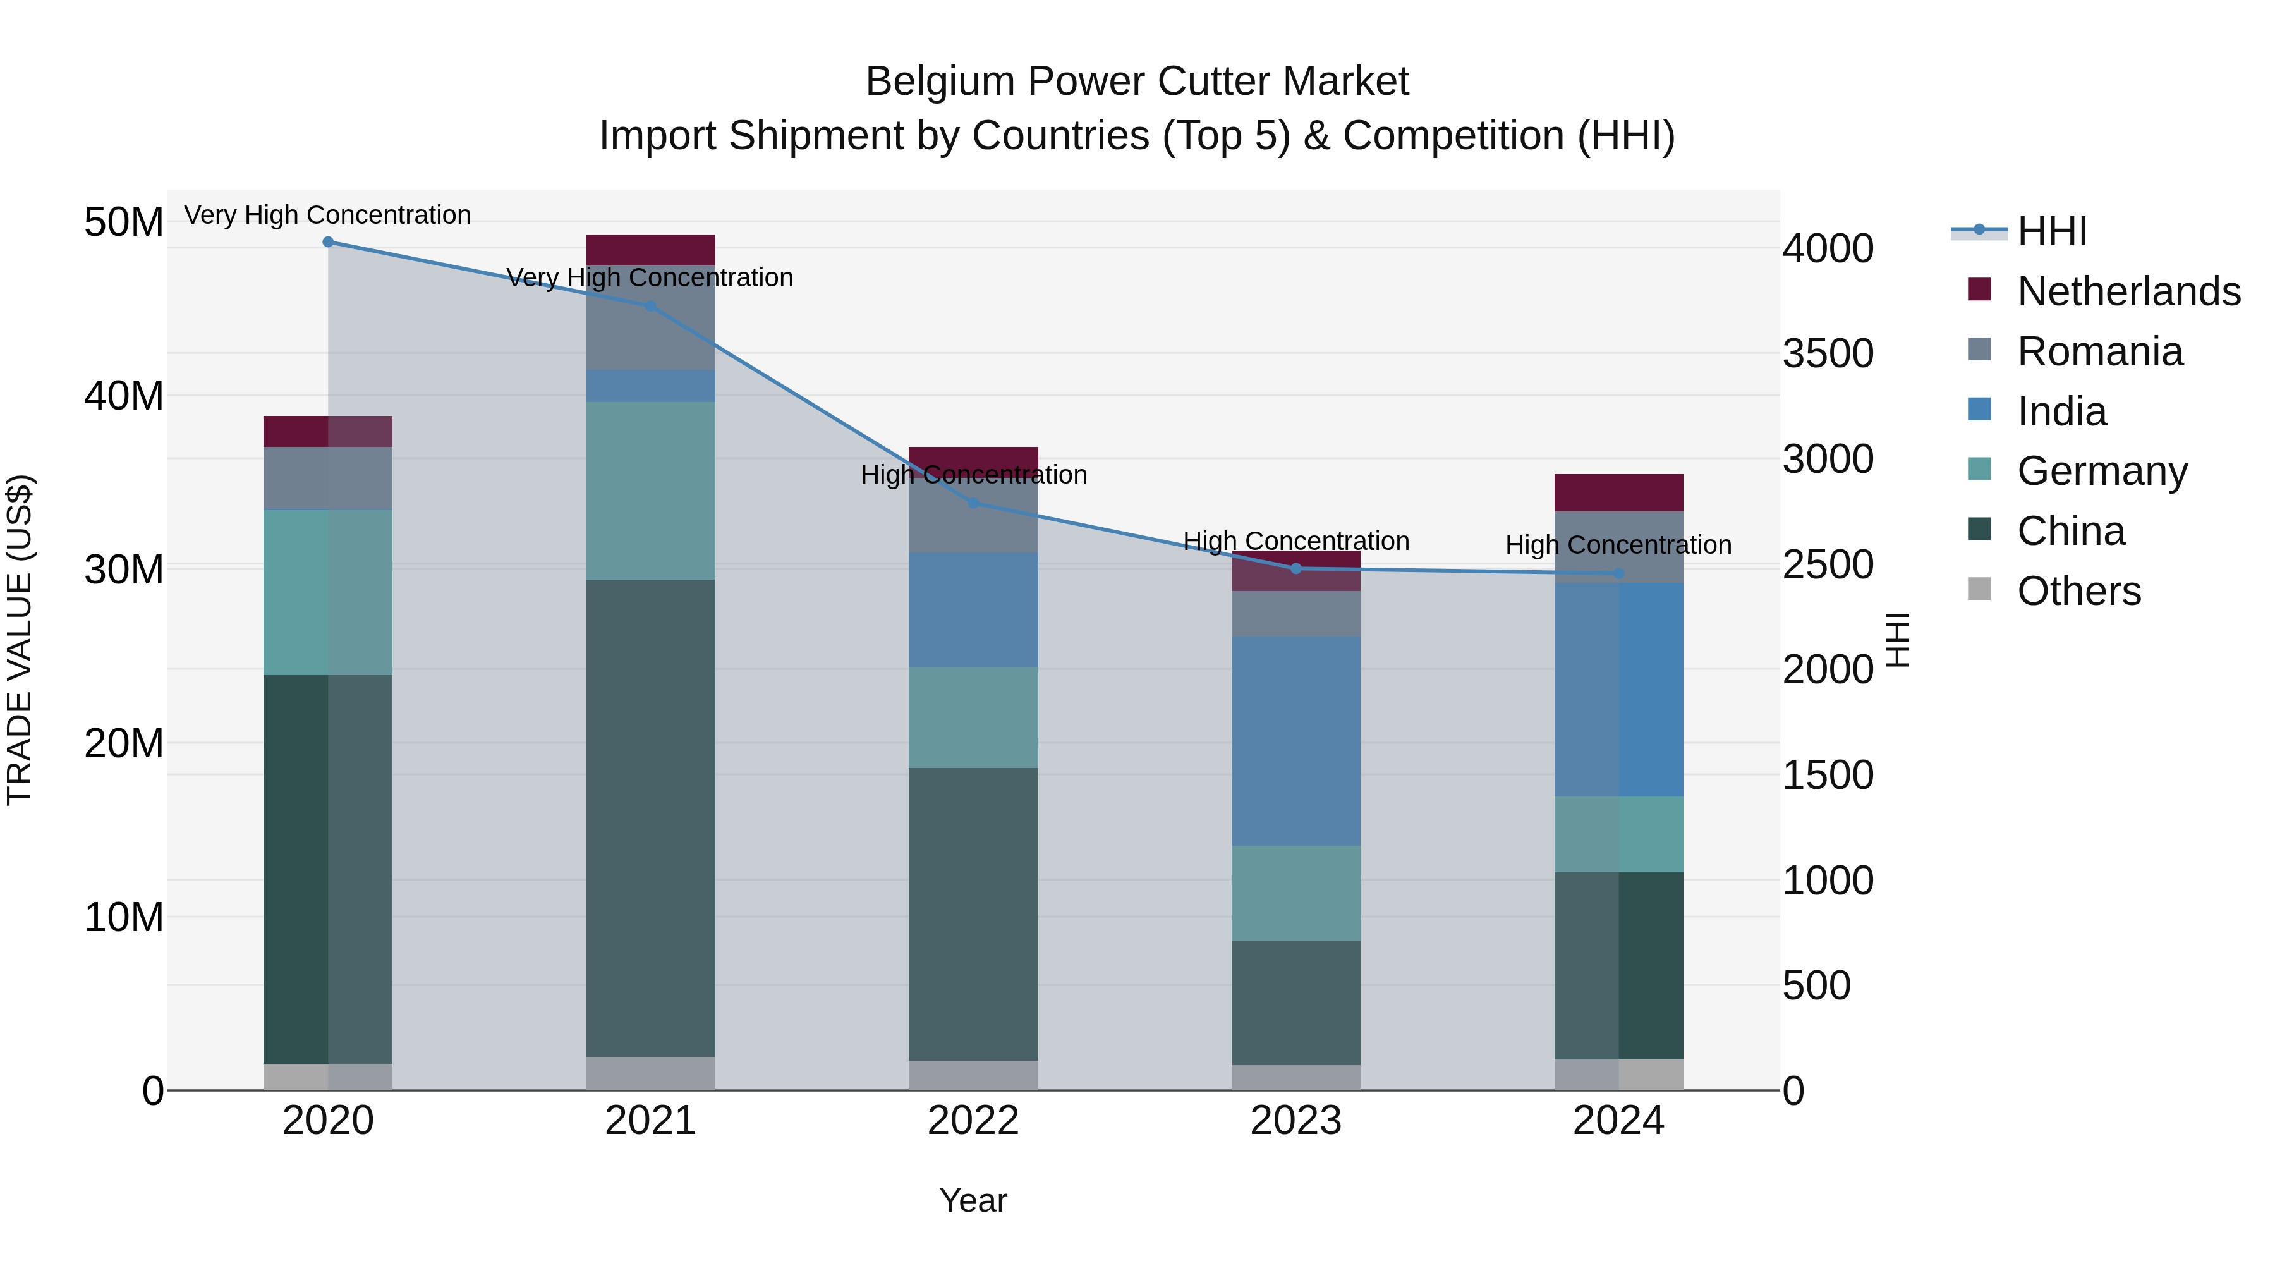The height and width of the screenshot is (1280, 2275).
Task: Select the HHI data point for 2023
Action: [x=1295, y=569]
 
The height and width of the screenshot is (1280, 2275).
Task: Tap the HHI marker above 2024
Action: [x=1618, y=573]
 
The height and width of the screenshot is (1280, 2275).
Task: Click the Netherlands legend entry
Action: [x=2128, y=291]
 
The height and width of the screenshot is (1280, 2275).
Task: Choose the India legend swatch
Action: [x=1979, y=410]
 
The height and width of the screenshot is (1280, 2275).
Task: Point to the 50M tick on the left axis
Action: [x=124, y=222]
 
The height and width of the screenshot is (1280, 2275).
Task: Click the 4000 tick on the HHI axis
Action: [x=1827, y=249]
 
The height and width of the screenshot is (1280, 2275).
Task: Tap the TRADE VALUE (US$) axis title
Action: [x=20, y=640]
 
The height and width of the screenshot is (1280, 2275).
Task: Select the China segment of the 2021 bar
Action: [x=651, y=817]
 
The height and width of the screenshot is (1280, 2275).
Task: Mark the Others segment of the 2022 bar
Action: [x=973, y=1075]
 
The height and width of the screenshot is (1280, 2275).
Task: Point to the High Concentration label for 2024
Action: [x=1618, y=545]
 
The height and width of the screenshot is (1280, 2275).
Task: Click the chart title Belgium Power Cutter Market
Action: [x=1137, y=82]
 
